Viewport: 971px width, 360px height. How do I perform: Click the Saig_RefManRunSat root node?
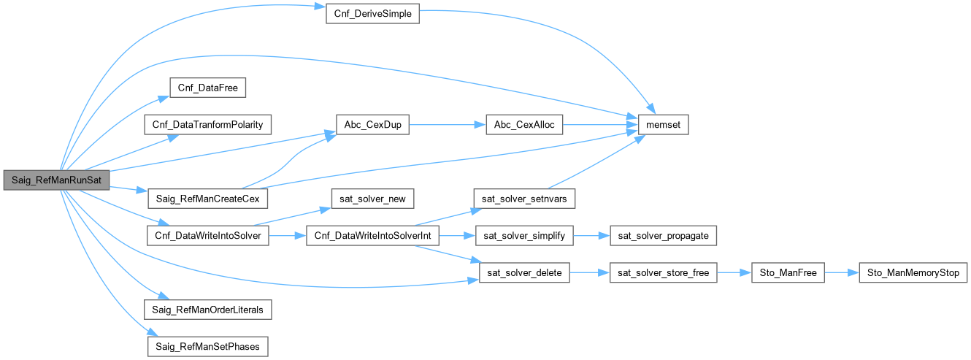tap(56, 180)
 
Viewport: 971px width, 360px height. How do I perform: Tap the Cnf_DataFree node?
tap(207, 88)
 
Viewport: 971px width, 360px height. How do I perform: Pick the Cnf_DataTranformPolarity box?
tap(208, 125)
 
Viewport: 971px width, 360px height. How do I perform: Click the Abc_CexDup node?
tap(372, 125)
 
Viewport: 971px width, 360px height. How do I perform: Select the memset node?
tap(663, 125)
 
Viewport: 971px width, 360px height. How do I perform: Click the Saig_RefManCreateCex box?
tap(208, 199)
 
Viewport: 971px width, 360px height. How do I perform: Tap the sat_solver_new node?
tap(372, 199)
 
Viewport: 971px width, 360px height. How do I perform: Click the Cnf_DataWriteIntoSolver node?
tap(208, 236)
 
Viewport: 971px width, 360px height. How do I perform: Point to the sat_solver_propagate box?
tap(663, 236)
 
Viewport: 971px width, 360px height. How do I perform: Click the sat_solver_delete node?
tap(523, 273)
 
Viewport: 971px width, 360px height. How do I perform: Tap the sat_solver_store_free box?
tap(663, 273)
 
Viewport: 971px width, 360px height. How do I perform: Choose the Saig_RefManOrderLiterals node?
tap(208, 310)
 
